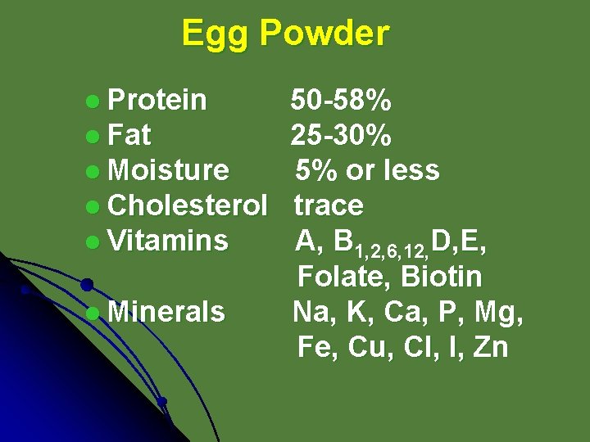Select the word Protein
coord(157,101)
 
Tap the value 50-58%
coord(341,101)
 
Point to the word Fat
coord(129,135)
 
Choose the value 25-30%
coord(341,135)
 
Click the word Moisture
coord(168,170)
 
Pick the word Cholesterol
coord(188,205)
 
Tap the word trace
coord(328,205)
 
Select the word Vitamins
coord(168,241)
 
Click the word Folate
coord(344,277)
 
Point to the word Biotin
coord(442,277)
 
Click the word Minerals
coord(166,312)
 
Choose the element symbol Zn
coord(491,347)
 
